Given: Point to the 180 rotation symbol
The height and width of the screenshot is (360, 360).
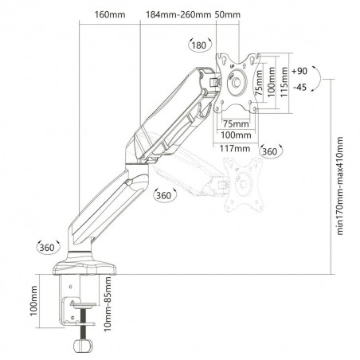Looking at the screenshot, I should click(198, 45).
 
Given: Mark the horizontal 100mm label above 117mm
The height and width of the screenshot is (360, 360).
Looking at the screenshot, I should click(233, 136).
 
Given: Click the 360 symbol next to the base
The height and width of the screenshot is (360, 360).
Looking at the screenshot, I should click(45, 248).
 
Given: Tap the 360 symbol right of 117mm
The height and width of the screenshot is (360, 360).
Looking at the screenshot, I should click(270, 151).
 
